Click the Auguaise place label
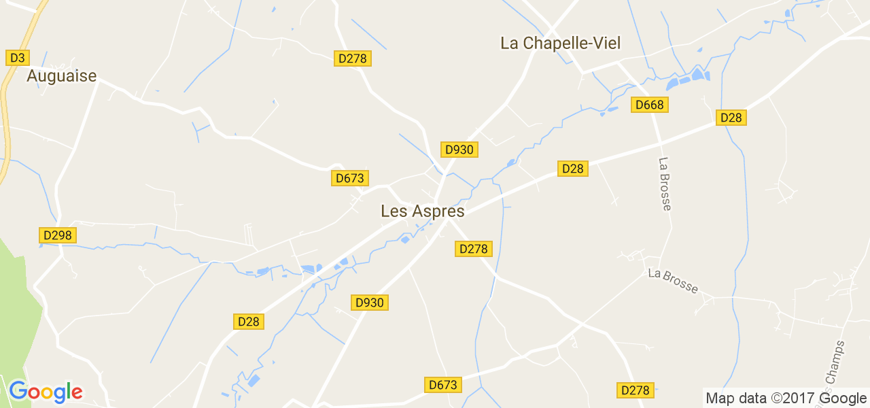click(61, 76)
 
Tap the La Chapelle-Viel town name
click(560, 44)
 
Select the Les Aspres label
click(423, 211)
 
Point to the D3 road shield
click(16, 58)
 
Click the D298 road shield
click(57, 235)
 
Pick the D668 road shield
click(650, 105)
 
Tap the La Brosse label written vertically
click(665, 184)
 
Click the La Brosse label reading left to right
click(673, 280)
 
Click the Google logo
click(46, 392)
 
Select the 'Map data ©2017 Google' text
click(786, 398)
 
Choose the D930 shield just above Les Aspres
click(459, 150)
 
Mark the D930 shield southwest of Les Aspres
click(370, 303)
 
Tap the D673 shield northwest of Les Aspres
click(350, 178)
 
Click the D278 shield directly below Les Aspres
click(473, 249)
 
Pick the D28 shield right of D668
click(731, 118)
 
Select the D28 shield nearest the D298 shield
click(249, 322)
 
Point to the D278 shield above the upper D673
click(352, 58)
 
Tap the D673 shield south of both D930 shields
click(443, 385)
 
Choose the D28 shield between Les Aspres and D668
click(572, 169)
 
